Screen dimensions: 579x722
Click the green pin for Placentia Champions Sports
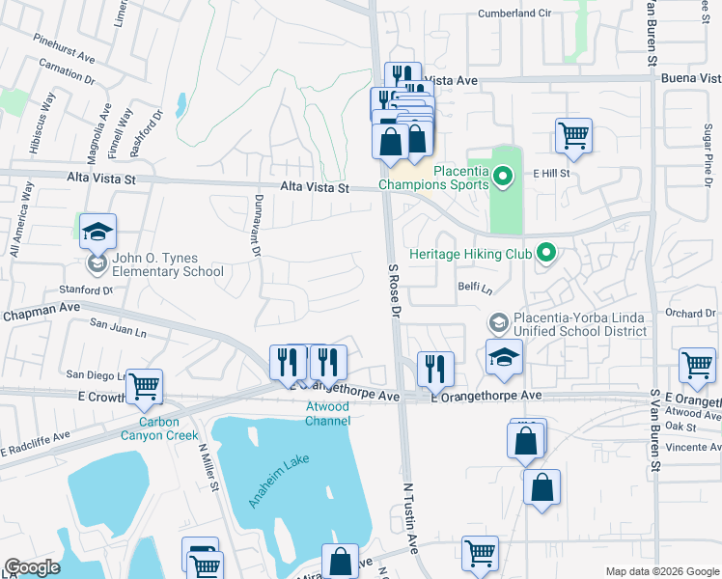(502, 176)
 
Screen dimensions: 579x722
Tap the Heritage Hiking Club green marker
(546, 254)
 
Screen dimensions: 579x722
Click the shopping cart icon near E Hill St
(573, 136)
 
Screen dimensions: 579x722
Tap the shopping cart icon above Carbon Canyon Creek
(144, 387)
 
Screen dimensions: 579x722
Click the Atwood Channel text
(327, 413)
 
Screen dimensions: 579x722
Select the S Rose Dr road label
(394, 289)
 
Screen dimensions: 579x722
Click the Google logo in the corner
(32, 567)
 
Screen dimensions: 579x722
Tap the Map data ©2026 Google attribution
(661, 571)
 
